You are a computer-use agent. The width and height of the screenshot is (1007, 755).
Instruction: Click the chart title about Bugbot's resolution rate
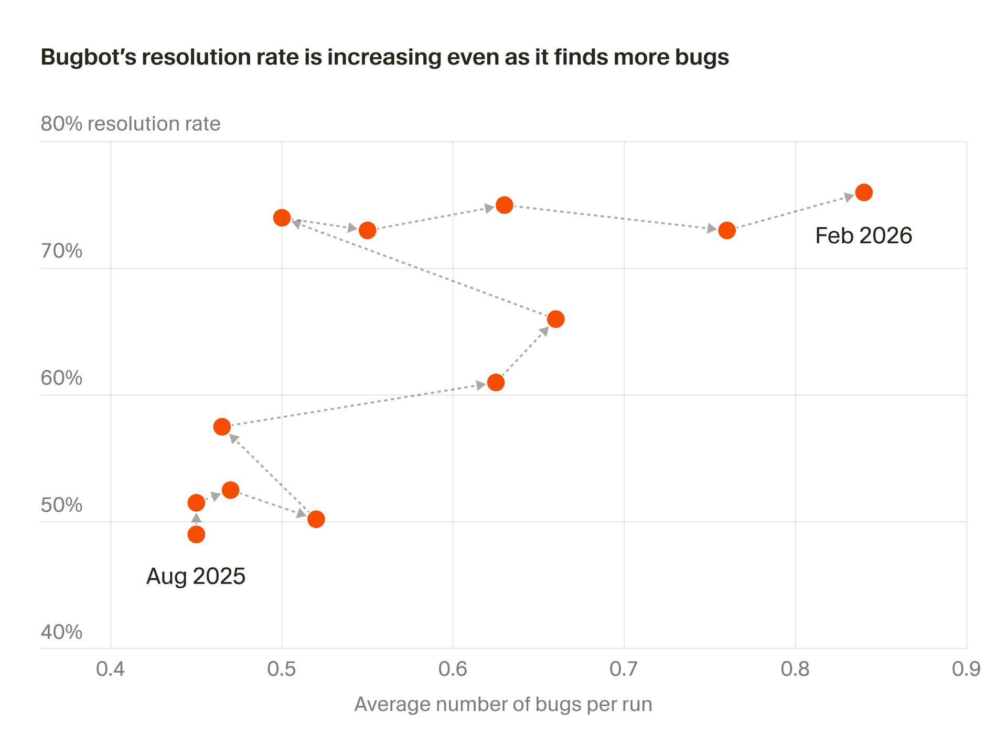pyautogui.click(x=384, y=57)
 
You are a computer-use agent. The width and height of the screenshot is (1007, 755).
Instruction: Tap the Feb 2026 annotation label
pyautogui.click(x=863, y=236)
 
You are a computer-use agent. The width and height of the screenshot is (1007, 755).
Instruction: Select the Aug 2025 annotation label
pyautogui.click(x=196, y=576)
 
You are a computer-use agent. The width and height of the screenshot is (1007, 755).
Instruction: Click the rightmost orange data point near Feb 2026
pyautogui.click(x=864, y=192)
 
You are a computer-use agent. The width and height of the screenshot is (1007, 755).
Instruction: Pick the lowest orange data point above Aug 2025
pyautogui.click(x=196, y=535)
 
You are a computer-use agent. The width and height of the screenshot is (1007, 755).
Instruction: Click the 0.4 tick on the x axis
pyautogui.click(x=111, y=670)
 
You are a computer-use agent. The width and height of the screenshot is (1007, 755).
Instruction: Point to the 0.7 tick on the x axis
pyautogui.click(x=624, y=670)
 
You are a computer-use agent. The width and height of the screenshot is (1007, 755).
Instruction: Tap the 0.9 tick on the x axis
pyautogui.click(x=966, y=670)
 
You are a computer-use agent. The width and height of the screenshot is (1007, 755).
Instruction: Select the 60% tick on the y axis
pyautogui.click(x=61, y=378)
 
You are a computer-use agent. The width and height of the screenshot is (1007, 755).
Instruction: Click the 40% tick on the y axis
pyautogui.click(x=61, y=632)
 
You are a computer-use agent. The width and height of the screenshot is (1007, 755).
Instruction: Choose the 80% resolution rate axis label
pyautogui.click(x=130, y=124)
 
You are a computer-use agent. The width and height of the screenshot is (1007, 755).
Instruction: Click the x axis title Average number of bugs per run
pyautogui.click(x=503, y=704)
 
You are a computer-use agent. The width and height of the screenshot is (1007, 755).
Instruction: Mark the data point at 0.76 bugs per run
pyautogui.click(x=727, y=230)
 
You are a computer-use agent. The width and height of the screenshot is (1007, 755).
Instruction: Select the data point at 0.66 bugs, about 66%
pyautogui.click(x=555, y=319)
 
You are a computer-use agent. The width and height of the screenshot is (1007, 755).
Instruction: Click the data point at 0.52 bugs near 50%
pyautogui.click(x=316, y=520)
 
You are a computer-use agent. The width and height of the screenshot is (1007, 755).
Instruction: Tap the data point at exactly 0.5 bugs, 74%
pyautogui.click(x=282, y=218)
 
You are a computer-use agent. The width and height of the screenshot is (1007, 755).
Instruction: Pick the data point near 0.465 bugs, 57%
pyautogui.click(x=222, y=427)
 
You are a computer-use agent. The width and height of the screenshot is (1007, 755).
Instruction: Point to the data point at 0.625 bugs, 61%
pyautogui.click(x=496, y=383)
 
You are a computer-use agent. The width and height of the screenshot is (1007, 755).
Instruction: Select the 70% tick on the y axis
pyautogui.click(x=61, y=251)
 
